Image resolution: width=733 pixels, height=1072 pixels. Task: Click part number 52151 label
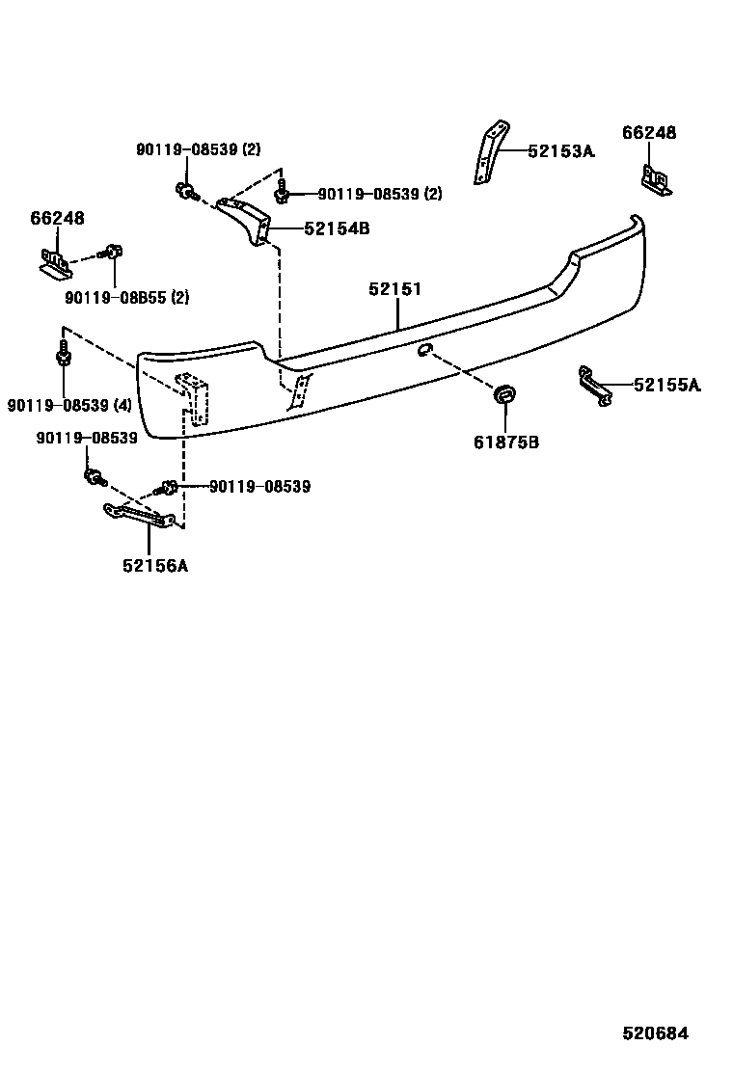click(x=395, y=289)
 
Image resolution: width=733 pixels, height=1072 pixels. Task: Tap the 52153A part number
click(x=561, y=151)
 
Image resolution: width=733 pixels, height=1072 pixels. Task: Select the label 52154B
click(x=337, y=228)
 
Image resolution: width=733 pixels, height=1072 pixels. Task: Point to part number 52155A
click(x=667, y=386)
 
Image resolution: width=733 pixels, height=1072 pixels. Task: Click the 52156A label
click(x=155, y=566)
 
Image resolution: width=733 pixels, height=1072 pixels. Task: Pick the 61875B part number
click(x=505, y=442)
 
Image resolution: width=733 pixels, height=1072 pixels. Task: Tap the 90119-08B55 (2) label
click(x=127, y=298)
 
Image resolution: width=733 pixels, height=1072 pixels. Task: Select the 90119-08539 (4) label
click(x=68, y=406)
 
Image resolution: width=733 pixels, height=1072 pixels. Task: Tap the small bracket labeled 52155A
click(x=594, y=385)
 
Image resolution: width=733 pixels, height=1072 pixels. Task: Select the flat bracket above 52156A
click(x=141, y=517)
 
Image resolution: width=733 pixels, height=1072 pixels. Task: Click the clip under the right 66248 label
click(x=656, y=180)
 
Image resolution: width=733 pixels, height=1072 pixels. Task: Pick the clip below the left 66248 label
click(x=55, y=262)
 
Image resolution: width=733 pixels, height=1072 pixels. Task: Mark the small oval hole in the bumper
click(x=424, y=349)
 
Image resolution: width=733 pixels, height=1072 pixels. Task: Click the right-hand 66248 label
click(x=648, y=133)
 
